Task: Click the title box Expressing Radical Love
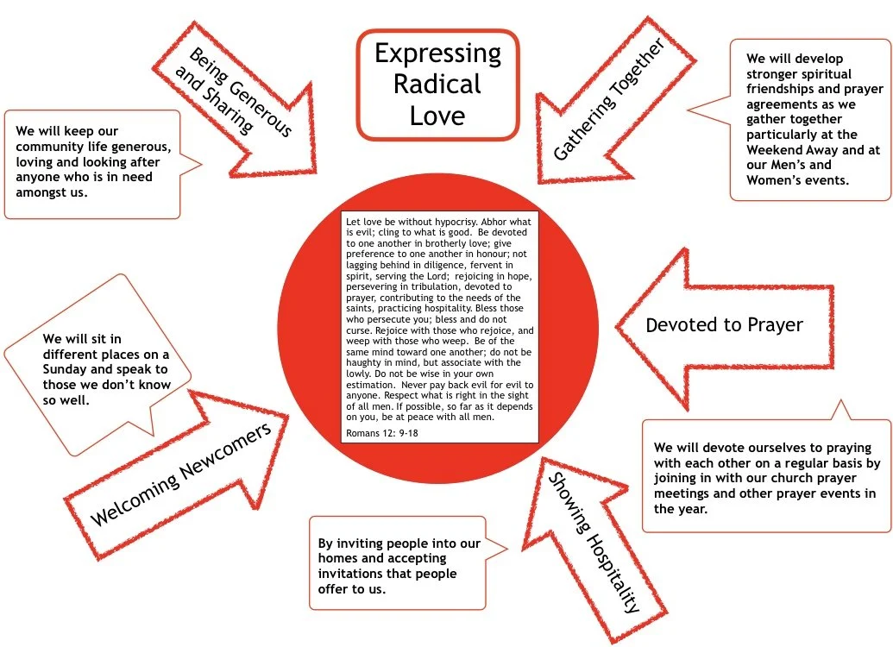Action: pos(437,85)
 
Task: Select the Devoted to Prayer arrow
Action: pos(724,325)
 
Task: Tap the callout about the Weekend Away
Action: pos(809,119)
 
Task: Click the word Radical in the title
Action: pos(437,85)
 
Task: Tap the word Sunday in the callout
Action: pos(73,369)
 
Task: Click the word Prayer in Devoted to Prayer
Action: pos(770,325)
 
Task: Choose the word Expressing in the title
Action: pos(437,53)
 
